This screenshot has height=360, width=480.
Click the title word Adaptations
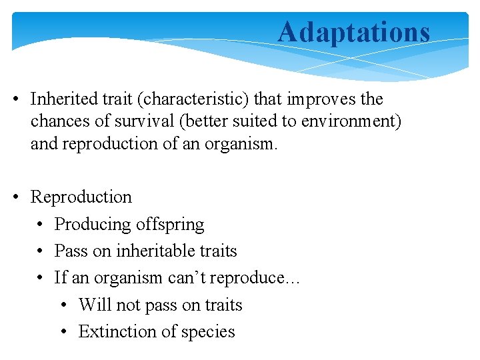[353, 32]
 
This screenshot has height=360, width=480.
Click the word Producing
[92, 225]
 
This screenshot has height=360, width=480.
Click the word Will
[90, 305]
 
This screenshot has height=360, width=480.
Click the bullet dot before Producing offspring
[41, 225]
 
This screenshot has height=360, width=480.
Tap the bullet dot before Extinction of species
[65, 332]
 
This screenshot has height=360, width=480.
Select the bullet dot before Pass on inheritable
[41, 251]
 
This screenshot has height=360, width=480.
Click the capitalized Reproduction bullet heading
[81, 197]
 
